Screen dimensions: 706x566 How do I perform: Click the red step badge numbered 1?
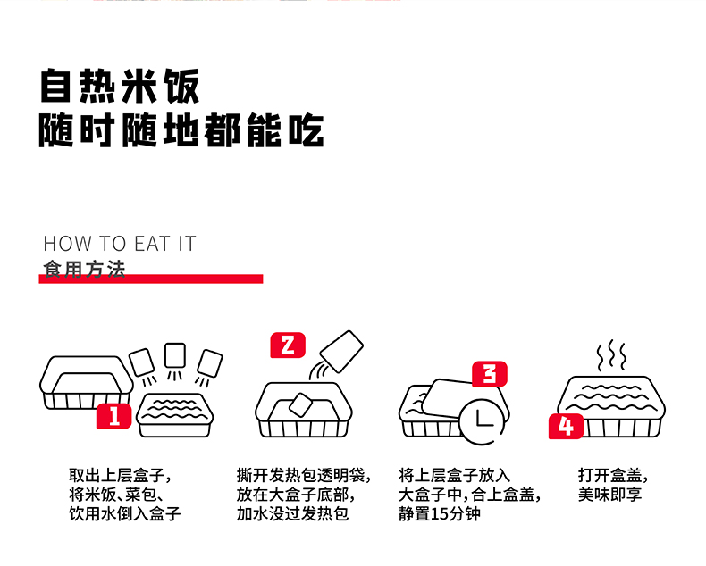113,416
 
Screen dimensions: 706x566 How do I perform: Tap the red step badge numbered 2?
287,345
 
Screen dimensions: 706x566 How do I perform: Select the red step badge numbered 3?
489,374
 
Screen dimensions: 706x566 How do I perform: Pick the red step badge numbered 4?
566,426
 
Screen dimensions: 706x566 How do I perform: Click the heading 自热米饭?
119,87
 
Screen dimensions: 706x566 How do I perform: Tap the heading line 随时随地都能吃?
181,130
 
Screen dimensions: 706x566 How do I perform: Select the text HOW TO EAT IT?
119,245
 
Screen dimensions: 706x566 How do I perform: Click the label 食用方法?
84,268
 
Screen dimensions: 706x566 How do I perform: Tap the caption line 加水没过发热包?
292,514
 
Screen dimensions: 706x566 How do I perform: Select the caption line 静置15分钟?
440,514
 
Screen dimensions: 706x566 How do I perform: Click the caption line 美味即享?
610,495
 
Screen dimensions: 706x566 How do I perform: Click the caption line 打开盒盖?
613,475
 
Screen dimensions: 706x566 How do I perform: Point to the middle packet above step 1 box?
175,354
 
